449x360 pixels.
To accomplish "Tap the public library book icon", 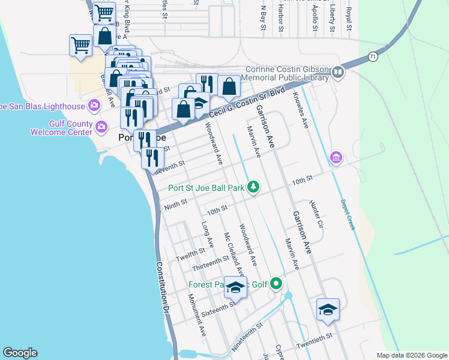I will click(x=337, y=73).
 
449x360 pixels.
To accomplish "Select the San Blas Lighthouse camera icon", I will click(x=94, y=106).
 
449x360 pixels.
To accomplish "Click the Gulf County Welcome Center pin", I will click(x=101, y=127).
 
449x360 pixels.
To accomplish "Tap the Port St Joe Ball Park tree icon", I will click(x=254, y=187).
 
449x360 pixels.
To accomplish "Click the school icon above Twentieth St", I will click(x=328, y=309).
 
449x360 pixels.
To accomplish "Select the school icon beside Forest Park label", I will click(x=236, y=287).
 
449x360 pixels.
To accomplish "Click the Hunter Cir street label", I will click(x=316, y=215).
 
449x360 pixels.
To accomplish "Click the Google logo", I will click(x=20, y=353).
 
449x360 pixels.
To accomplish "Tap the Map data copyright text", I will click(x=411, y=355).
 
